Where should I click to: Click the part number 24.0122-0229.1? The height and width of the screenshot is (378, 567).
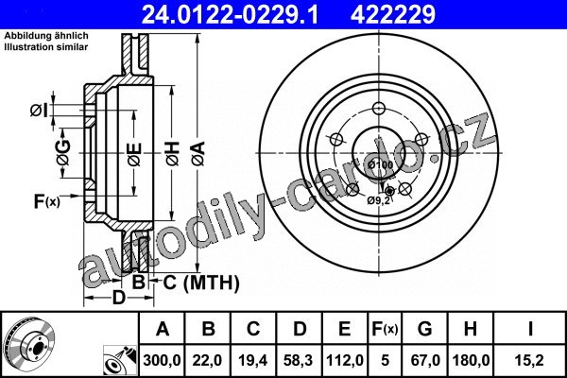(x=230, y=14)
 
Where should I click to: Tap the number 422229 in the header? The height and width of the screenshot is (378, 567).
(x=393, y=14)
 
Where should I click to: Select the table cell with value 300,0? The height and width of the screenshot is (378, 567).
(x=162, y=360)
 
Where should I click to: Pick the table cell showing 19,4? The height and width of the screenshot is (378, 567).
(x=252, y=360)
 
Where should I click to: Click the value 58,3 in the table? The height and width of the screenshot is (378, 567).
(x=299, y=360)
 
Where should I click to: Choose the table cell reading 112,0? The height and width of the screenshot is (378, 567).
(x=345, y=360)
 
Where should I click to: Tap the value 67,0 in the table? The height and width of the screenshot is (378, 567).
(x=425, y=360)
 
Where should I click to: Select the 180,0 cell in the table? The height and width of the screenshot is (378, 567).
(x=471, y=360)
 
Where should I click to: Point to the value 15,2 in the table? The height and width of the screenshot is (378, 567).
(x=530, y=360)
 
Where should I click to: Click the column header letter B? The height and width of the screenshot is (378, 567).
(x=208, y=329)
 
